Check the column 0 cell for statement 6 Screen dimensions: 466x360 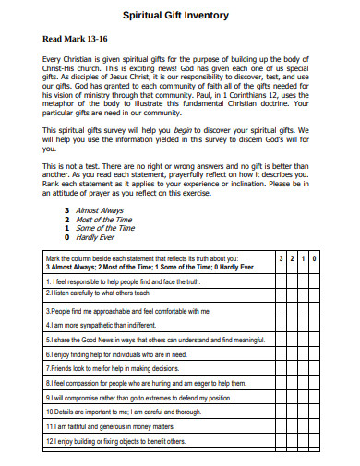315,353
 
